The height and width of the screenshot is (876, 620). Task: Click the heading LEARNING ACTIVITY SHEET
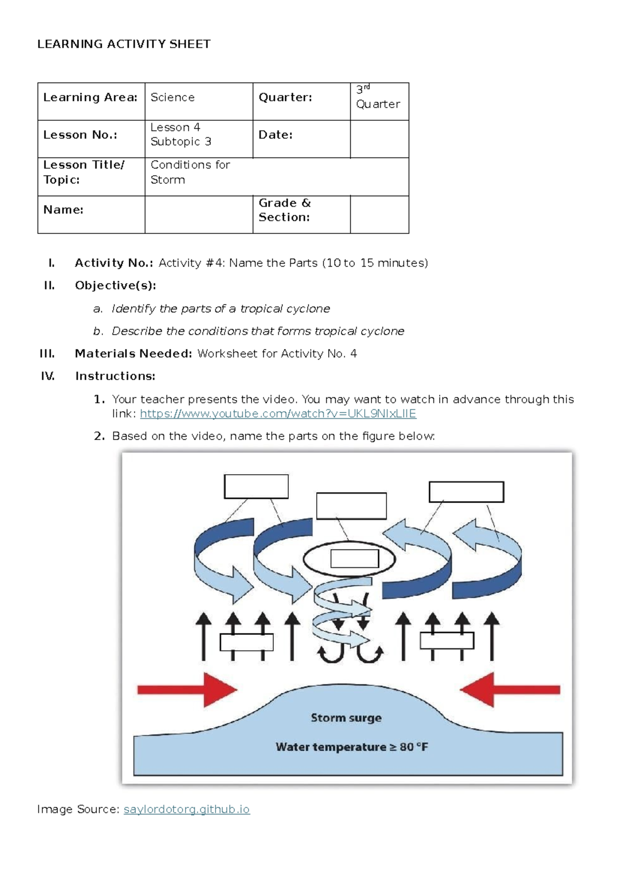click(123, 44)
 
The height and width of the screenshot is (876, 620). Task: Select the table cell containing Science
click(198, 101)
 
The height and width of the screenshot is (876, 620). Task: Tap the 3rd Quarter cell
click(379, 101)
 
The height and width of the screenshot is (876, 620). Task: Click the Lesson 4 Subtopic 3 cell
click(198, 138)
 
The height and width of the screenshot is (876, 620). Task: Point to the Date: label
click(275, 135)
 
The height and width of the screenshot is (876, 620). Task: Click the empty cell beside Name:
click(198, 214)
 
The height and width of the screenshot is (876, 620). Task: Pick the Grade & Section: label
click(284, 210)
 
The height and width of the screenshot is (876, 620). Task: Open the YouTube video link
click(278, 414)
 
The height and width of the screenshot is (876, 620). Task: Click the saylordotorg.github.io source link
click(187, 809)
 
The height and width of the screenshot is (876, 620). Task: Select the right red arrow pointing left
click(509, 690)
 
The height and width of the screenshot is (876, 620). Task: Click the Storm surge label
click(346, 717)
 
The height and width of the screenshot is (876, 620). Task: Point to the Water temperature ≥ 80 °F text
click(351, 747)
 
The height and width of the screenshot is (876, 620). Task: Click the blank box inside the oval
click(354, 559)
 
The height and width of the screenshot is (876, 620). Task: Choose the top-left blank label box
click(256, 487)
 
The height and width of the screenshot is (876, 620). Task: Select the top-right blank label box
click(466, 492)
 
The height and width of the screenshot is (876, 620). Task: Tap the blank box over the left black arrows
click(246, 642)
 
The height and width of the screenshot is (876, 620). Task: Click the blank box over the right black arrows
click(447, 641)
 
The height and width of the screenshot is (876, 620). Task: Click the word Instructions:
click(115, 376)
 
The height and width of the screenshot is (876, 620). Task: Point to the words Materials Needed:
click(133, 354)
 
